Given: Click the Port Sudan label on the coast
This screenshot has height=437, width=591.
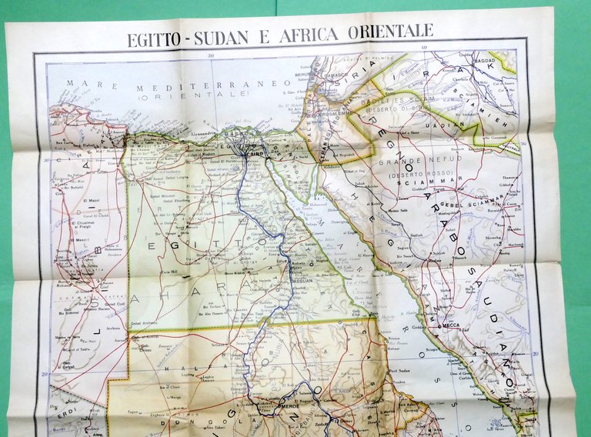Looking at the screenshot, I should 399,372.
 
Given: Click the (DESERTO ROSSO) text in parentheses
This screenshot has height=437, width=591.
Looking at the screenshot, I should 406,175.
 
